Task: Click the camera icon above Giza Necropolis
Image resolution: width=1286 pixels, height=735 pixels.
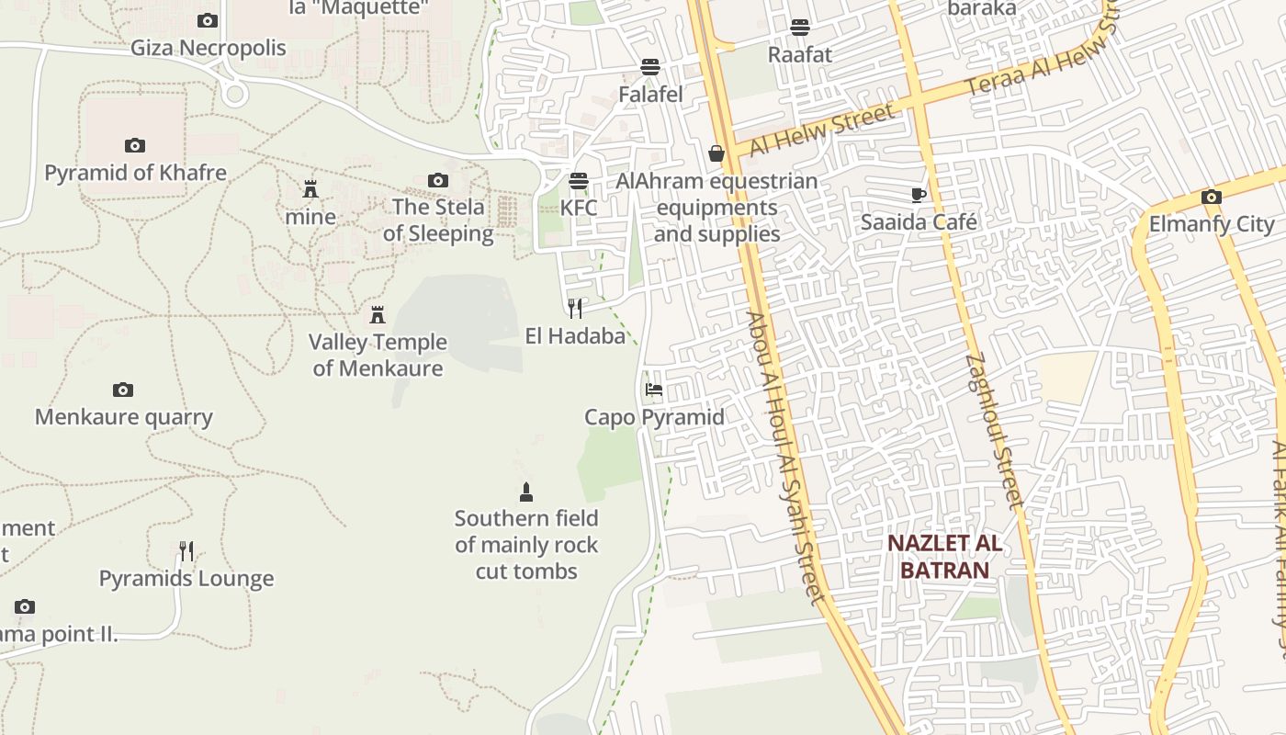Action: pyautogui.click(x=208, y=20)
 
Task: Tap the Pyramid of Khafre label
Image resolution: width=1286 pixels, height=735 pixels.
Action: pyautogui.click(x=135, y=172)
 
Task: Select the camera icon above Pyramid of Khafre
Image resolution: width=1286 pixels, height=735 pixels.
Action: pyautogui.click(x=135, y=145)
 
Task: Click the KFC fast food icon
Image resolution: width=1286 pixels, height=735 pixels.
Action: pyautogui.click(x=579, y=180)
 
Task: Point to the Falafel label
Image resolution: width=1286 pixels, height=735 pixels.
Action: pyautogui.click(x=650, y=94)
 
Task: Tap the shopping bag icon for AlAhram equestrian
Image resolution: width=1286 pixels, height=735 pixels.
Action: pyautogui.click(x=716, y=153)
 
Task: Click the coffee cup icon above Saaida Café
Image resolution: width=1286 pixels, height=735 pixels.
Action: pyautogui.click(x=918, y=194)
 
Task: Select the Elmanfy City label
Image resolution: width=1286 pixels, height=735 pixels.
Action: pyautogui.click(x=1212, y=224)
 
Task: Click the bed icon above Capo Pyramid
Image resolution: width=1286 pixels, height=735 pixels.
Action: pyautogui.click(x=654, y=390)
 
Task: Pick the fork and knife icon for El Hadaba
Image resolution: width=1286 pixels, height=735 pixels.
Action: pyautogui.click(x=575, y=308)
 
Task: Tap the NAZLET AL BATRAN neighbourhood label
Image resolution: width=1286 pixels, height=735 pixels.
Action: pyautogui.click(x=944, y=556)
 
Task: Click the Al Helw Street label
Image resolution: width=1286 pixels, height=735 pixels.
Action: pyautogui.click(x=821, y=130)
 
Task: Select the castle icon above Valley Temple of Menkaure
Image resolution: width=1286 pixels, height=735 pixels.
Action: pyautogui.click(x=377, y=315)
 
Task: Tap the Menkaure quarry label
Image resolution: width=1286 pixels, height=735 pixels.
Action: pyautogui.click(x=124, y=417)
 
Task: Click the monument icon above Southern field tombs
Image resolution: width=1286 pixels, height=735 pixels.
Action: pyautogui.click(x=526, y=492)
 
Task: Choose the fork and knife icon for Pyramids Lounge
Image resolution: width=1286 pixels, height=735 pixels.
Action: pyautogui.click(x=186, y=551)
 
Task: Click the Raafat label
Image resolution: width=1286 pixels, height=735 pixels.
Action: pyautogui.click(x=799, y=54)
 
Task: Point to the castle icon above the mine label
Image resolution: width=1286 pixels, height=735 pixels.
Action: pyautogui.click(x=310, y=190)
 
